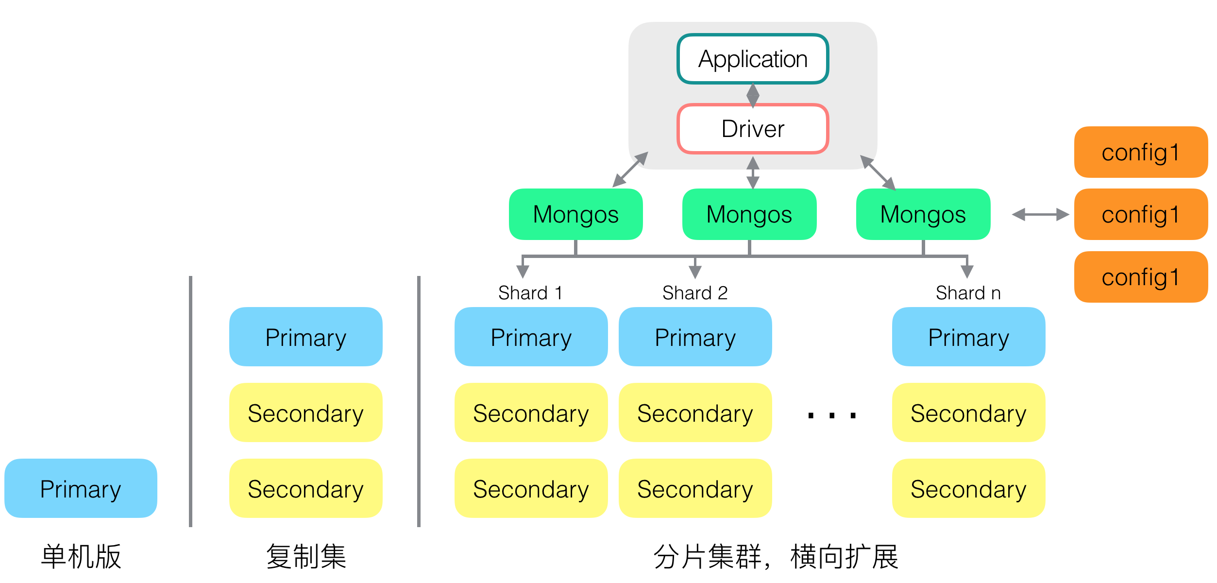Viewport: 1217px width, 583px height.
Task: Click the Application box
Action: point(752,59)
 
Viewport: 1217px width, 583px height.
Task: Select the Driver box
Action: point(752,129)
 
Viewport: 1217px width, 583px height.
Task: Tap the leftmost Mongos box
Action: point(575,214)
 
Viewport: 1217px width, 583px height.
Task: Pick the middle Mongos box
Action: point(749,214)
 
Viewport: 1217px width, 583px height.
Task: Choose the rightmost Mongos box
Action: point(923,214)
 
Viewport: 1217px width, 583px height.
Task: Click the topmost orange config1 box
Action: point(1140,152)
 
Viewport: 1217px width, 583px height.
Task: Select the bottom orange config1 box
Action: point(1140,277)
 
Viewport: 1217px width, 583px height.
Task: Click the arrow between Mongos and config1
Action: point(1040,214)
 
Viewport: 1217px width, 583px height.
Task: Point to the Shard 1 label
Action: point(530,293)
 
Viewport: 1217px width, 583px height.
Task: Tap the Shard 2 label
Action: point(695,293)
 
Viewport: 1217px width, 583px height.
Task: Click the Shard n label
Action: point(968,293)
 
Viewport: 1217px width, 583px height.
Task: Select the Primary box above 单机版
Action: point(81,488)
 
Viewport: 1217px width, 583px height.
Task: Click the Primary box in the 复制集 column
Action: point(305,337)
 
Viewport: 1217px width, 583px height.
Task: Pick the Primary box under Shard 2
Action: point(695,337)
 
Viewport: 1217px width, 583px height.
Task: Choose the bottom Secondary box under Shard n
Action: point(968,488)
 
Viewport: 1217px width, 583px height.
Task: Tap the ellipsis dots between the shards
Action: point(831,415)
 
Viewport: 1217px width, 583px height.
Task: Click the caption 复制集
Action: point(306,556)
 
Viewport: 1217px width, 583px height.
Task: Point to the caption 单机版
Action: point(81,556)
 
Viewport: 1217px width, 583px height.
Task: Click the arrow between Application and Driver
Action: point(753,95)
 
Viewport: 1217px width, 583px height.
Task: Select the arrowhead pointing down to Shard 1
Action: point(523,271)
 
